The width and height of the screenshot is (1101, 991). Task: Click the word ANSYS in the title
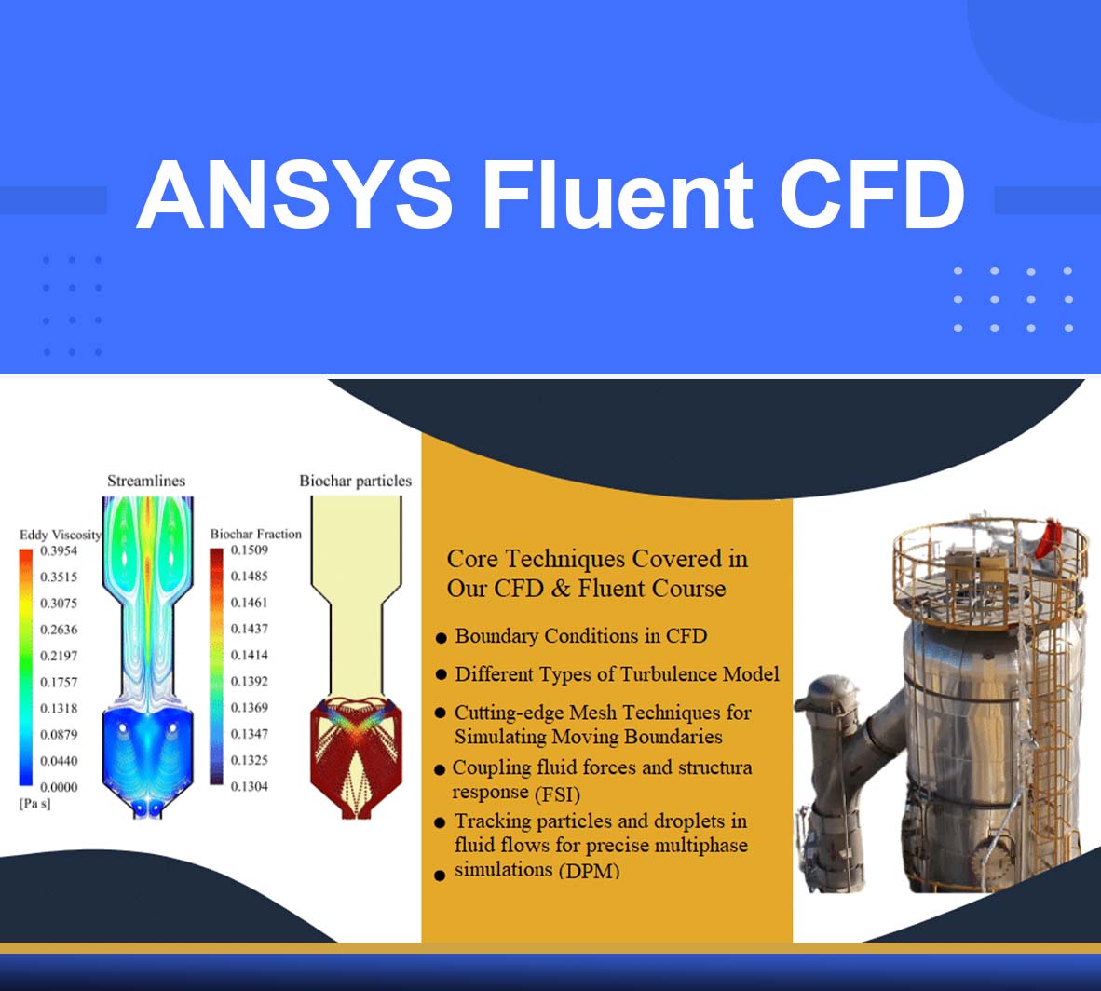click(295, 195)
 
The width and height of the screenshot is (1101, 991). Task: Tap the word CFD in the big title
click(873, 195)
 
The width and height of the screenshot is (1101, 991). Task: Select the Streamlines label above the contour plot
click(146, 482)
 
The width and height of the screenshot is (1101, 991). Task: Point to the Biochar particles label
click(355, 482)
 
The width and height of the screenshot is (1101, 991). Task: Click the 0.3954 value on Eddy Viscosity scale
click(59, 550)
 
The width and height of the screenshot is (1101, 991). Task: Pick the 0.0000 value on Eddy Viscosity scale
click(59, 787)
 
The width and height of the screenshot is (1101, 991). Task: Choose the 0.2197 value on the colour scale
click(59, 656)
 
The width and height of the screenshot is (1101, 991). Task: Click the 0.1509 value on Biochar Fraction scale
click(250, 550)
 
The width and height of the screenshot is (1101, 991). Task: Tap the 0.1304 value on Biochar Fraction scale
click(250, 787)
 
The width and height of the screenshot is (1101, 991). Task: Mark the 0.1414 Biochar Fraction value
click(250, 656)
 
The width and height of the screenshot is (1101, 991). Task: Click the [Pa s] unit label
click(35, 804)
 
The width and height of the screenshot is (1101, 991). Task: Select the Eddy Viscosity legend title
click(61, 535)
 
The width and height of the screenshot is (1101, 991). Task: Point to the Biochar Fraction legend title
click(255, 534)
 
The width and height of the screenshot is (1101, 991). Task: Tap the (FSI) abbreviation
click(558, 794)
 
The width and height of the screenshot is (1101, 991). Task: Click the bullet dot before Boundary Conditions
click(441, 638)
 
